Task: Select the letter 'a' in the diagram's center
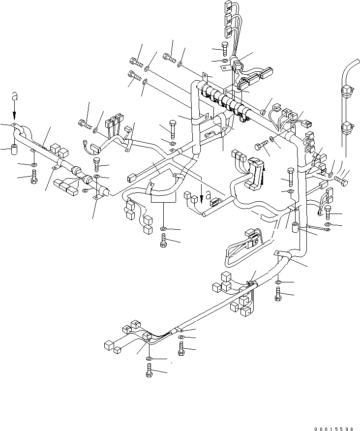pos(208,193)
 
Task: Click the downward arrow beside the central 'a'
pos(201,190)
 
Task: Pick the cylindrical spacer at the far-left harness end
pos(14,148)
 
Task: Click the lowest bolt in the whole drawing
pos(149,371)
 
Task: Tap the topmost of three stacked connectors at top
pos(228,7)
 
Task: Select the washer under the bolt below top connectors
pos(224,61)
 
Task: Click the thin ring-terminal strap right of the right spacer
pos(319,228)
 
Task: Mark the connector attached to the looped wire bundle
pos(252,239)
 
